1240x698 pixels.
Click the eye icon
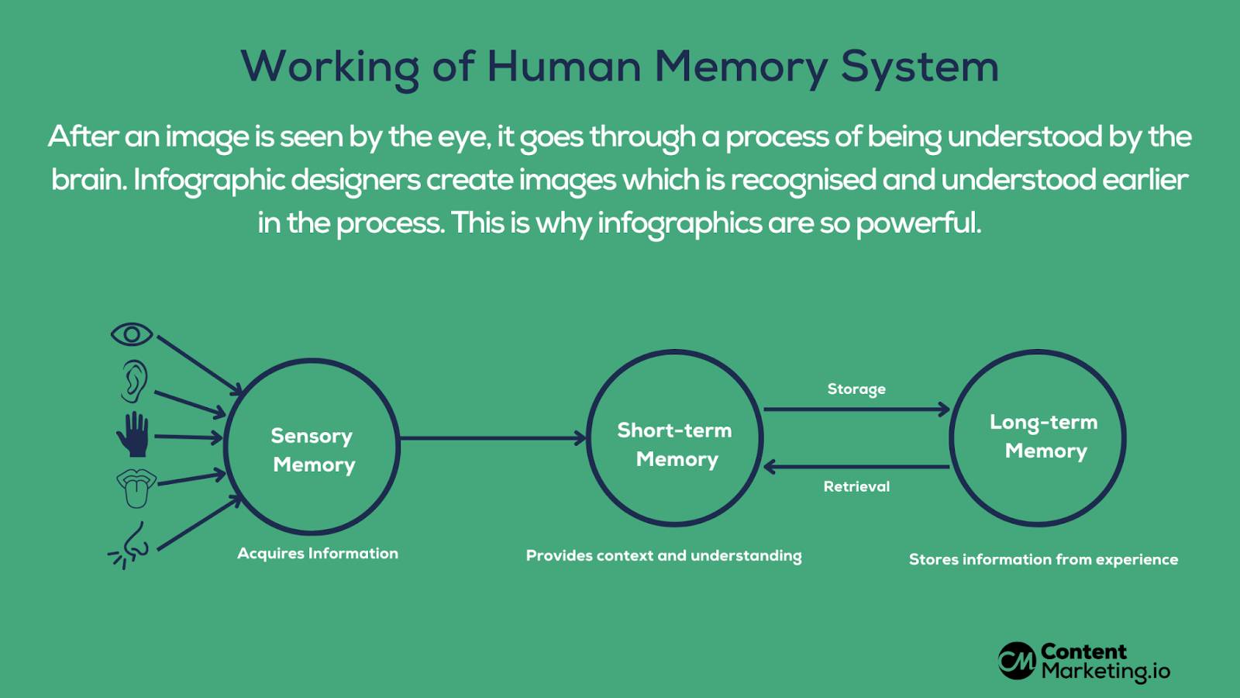point(132,334)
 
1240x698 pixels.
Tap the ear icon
point(134,381)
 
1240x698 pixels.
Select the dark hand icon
point(133,434)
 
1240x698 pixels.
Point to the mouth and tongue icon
point(136,488)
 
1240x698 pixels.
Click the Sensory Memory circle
point(312,447)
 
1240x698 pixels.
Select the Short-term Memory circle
point(674,438)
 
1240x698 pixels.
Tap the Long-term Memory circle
point(1038,438)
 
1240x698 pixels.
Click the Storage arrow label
point(856,389)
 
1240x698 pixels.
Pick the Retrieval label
point(856,486)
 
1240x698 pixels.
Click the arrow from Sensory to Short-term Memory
point(493,438)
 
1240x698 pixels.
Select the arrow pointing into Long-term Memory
point(856,409)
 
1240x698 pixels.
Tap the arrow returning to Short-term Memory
point(856,467)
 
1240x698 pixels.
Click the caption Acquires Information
point(318,553)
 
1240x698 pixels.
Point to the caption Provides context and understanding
point(663,555)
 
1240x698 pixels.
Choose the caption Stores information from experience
point(1043,559)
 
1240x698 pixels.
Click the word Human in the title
point(563,67)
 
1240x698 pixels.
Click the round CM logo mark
point(1017,661)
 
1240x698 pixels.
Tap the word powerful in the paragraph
point(918,223)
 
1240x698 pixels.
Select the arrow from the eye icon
point(198,363)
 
